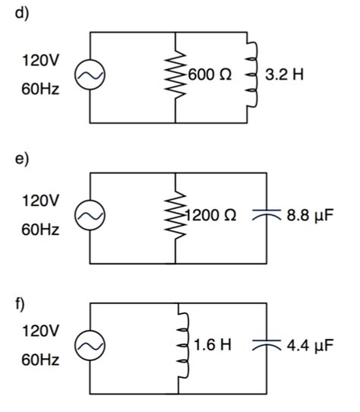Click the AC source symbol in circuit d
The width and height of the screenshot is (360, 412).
pos(90,77)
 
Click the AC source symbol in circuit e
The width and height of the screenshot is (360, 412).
pos(90,217)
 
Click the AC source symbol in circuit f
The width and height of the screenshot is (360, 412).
pos(90,347)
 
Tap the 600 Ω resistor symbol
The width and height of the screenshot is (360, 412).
pos(175,77)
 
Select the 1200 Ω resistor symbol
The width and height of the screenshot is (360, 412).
pos(175,217)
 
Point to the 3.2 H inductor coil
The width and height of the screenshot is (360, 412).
pos(248,77)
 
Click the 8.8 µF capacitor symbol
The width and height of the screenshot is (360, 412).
pos(265,216)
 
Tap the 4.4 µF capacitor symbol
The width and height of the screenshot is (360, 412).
pos(265,347)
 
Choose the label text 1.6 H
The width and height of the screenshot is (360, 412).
pos(212,347)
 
